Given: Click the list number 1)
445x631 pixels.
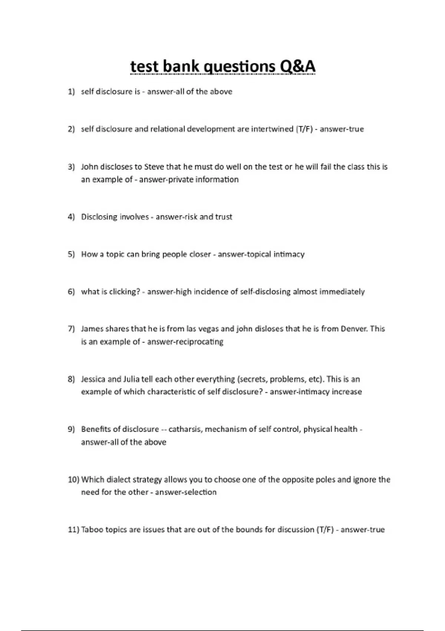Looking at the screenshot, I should [x=71, y=92].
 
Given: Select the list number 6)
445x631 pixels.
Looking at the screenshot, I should [x=71, y=292].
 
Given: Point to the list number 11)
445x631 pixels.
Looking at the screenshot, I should [x=73, y=530].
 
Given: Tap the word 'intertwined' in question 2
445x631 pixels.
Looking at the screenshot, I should [x=272, y=129].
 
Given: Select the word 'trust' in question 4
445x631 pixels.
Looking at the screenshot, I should [x=223, y=217].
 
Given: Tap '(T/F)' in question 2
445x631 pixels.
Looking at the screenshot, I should [x=304, y=129].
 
